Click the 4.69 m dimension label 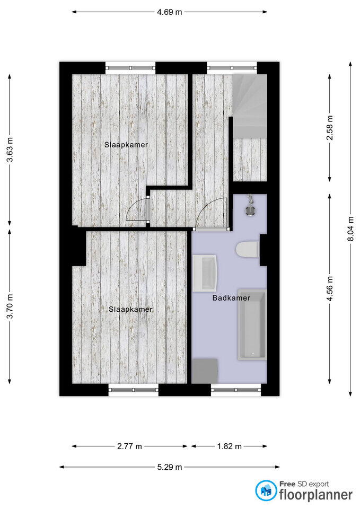pyautogui.click(x=170, y=12)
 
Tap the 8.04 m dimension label pyautogui.click(x=350, y=229)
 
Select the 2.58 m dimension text pyautogui.click(x=330, y=128)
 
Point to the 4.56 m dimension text pyautogui.click(x=330, y=288)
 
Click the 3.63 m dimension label pyautogui.click(x=10, y=150)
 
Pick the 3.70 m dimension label pyautogui.click(x=10, y=306)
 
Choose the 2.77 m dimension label pyautogui.click(x=129, y=446)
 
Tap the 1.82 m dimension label pyautogui.click(x=229, y=446)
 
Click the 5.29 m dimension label pyautogui.click(x=170, y=467)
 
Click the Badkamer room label pyautogui.click(x=231, y=298)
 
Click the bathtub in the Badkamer pyautogui.click(x=252, y=324)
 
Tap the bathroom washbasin pyautogui.click(x=205, y=273)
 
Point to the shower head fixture pyautogui.click(x=250, y=206)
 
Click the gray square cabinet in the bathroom pyautogui.click(x=205, y=371)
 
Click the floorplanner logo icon pyautogui.click(x=266, y=490)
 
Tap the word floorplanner pyautogui.click(x=316, y=495)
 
